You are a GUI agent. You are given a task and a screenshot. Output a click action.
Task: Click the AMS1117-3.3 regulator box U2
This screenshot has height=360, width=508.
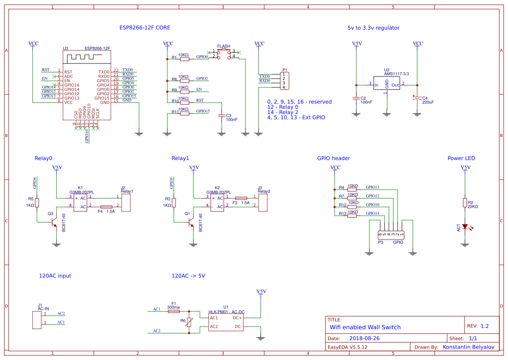(386, 85)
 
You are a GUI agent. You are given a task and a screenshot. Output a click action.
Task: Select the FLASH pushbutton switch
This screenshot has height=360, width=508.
(223, 53)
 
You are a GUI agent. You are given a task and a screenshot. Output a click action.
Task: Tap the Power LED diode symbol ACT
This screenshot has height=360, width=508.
(465, 226)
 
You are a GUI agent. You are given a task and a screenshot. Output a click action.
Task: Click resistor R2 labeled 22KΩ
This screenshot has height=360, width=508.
(465, 203)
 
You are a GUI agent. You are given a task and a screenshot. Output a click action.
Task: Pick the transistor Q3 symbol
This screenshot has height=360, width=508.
(53, 222)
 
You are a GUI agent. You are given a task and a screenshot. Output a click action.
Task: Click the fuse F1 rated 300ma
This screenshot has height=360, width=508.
(173, 311)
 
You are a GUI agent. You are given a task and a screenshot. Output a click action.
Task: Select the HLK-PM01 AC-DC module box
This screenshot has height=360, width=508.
(226, 322)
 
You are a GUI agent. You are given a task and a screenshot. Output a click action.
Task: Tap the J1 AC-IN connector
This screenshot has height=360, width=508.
(36, 320)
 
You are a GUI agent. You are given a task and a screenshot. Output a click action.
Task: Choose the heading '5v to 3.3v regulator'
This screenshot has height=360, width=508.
(373, 27)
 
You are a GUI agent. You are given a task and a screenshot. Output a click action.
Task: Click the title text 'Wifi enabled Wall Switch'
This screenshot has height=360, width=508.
(365, 327)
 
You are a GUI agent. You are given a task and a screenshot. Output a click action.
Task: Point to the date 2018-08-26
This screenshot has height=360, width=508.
(365, 338)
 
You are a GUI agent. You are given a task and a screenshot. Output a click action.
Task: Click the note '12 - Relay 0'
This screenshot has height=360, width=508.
(283, 107)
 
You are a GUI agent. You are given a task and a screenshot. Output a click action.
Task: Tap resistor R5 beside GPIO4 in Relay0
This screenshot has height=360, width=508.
(37, 203)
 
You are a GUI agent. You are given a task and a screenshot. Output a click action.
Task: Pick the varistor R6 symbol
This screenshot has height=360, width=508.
(189, 322)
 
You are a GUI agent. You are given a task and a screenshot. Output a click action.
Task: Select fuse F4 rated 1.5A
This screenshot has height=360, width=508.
(106, 207)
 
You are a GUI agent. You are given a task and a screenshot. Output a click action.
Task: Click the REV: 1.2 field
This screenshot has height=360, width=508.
(478, 326)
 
